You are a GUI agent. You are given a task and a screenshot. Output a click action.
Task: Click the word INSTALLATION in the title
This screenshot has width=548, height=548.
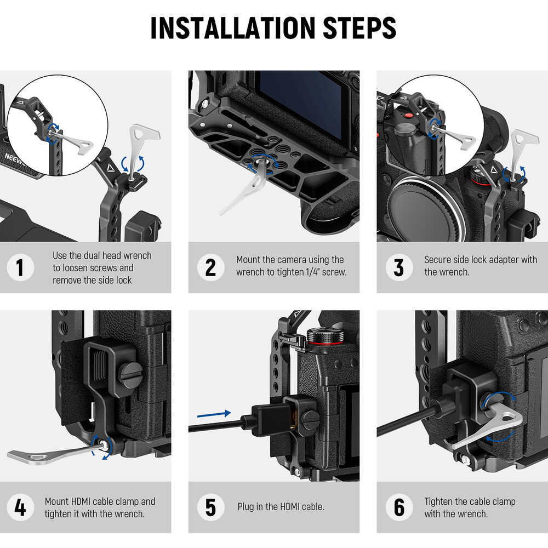(233, 27)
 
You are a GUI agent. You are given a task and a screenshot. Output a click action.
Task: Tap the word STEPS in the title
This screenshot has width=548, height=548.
(359, 27)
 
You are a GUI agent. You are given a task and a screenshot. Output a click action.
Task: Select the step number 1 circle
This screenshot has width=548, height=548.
(20, 268)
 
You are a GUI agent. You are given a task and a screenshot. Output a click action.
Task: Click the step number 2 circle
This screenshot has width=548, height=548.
(210, 268)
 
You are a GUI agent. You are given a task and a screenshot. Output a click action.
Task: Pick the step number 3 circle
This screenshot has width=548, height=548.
(399, 268)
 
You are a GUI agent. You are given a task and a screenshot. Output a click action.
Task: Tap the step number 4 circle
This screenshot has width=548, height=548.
(20, 507)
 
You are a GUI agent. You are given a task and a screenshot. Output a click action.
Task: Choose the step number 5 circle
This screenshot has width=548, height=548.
(210, 507)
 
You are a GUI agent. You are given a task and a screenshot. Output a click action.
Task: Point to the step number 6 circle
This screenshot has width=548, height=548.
(399, 507)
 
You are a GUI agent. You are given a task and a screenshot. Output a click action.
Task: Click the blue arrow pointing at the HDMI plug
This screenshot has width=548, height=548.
(214, 414)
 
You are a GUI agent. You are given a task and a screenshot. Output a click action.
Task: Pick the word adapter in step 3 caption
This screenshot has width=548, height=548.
(502, 260)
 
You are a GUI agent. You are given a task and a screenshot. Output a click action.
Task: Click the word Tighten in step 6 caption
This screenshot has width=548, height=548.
(441, 501)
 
